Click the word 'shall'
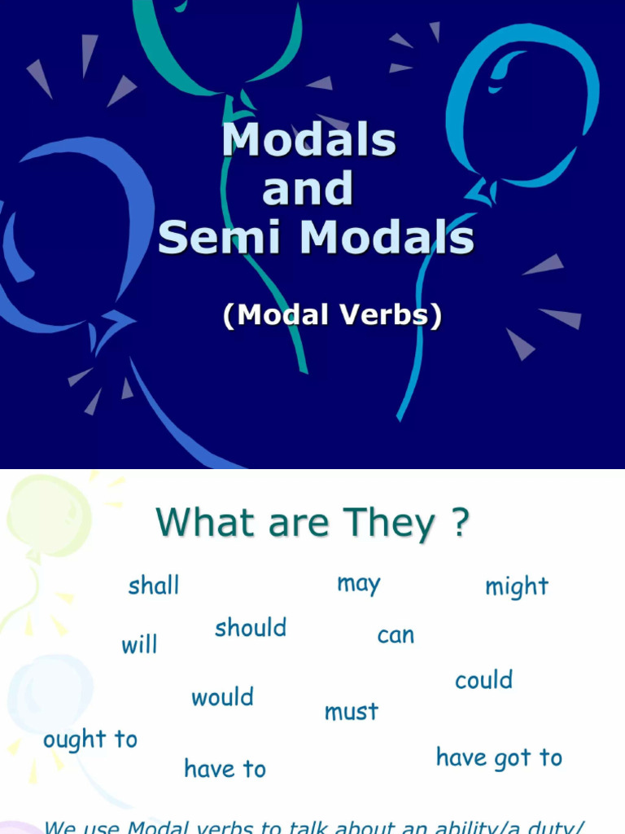pyautogui.click(x=154, y=586)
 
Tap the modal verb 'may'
pyautogui.click(x=359, y=584)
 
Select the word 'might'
pyautogui.click(x=517, y=586)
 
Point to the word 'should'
pyautogui.click(x=251, y=628)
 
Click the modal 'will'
pyautogui.click(x=139, y=645)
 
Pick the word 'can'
pyautogui.click(x=396, y=635)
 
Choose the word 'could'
pyautogui.click(x=483, y=680)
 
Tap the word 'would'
pyautogui.click(x=222, y=697)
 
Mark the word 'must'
pyautogui.click(x=352, y=712)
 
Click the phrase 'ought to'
pyautogui.click(x=90, y=740)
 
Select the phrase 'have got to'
pyautogui.click(x=499, y=757)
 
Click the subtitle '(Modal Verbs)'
pyautogui.click(x=332, y=315)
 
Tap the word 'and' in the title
pyautogui.click(x=308, y=189)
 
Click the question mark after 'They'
pyautogui.click(x=459, y=523)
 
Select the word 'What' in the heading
pyautogui.click(x=200, y=523)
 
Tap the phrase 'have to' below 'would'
pyautogui.click(x=225, y=769)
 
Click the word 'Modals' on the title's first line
pyautogui.click(x=309, y=140)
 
